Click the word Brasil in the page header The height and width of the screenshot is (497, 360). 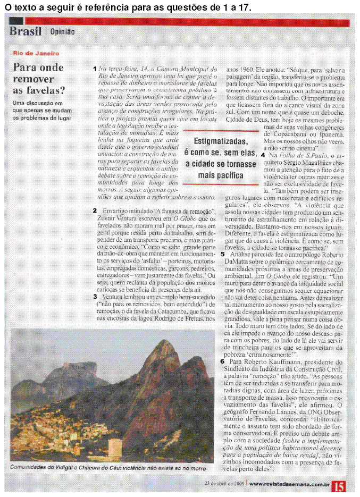point(25,32)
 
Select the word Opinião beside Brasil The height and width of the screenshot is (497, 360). point(62,32)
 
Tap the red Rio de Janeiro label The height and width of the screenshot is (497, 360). point(36,54)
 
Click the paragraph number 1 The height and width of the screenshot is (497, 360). point(94,69)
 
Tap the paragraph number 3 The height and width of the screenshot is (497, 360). point(94,296)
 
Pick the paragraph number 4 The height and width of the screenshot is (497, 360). point(263,155)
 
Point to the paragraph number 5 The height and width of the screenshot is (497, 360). point(223,254)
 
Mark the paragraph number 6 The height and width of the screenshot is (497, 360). point(223,361)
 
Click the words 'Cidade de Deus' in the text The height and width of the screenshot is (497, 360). point(248,119)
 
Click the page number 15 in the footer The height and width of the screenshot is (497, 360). point(339,485)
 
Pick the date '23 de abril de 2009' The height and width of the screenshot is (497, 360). point(224,483)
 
